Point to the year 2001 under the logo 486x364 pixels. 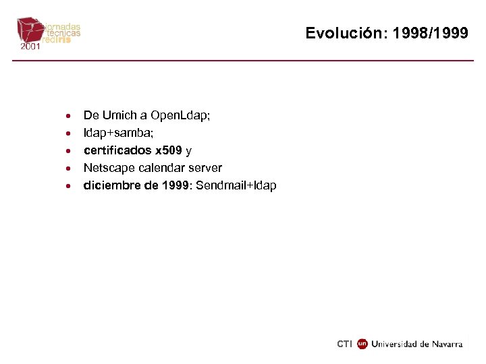tap(30, 47)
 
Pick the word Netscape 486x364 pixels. tap(107, 168)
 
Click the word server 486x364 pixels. tap(204, 168)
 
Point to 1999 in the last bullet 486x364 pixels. tap(175, 185)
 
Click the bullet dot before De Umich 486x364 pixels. tap(69, 116)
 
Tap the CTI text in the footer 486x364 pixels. tap(344, 344)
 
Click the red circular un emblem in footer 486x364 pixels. tap(362, 344)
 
